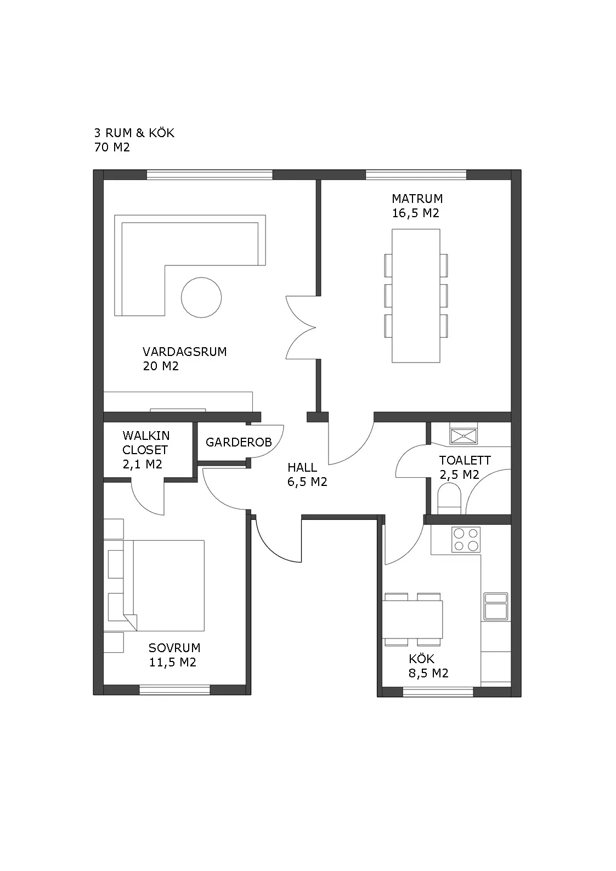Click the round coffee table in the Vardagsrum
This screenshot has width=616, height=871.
click(x=201, y=297)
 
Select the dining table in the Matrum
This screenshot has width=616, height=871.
click(x=416, y=296)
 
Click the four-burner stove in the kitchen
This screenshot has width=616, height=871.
click(x=466, y=540)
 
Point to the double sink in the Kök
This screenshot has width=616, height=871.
click(x=496, y=606)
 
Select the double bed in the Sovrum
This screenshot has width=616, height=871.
click(x=163, y=585)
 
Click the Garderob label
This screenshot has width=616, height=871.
click(x=239, y=443)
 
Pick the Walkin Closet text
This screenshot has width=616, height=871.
click(x=146, y=443)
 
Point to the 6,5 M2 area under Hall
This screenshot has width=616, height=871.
click(x=307, y=482)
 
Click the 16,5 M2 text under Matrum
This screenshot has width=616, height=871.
click(x=416, y=213)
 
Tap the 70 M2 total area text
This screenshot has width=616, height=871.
click(x=112, y=148)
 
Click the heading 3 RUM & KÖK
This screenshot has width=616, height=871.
click(x=134, y=133)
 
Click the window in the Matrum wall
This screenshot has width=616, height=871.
click(x=416, y=174)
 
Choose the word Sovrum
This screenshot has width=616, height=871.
click(x=174, y=648)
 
